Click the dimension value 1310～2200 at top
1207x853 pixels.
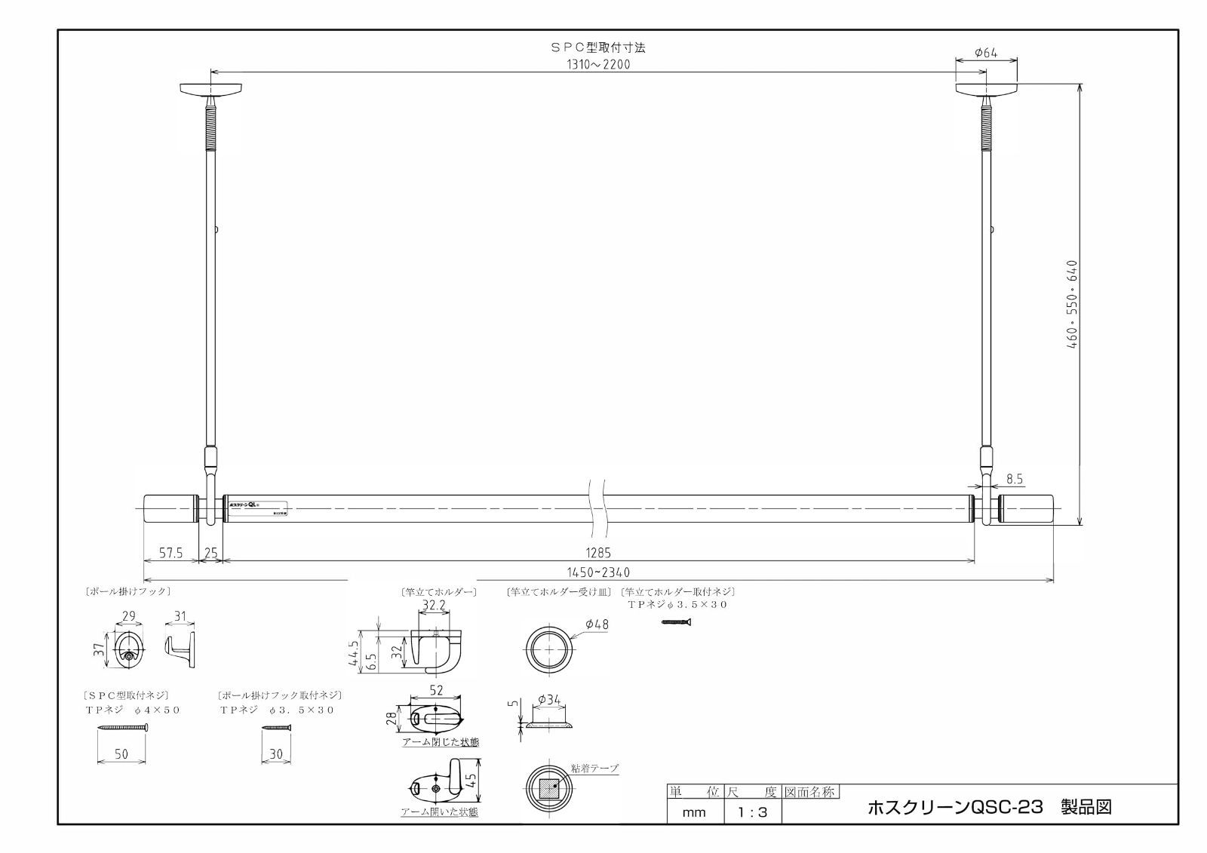598,64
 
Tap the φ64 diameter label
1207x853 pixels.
985,52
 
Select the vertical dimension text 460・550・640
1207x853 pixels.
1072,303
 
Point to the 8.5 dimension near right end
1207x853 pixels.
1015,479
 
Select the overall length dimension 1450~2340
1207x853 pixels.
598,572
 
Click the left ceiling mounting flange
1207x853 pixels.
212,90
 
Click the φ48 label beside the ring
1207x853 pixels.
596,624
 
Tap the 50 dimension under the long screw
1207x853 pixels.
122,753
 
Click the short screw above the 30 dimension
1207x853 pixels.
275,728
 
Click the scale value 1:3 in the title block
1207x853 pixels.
751,812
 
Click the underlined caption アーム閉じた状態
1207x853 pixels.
440,742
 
